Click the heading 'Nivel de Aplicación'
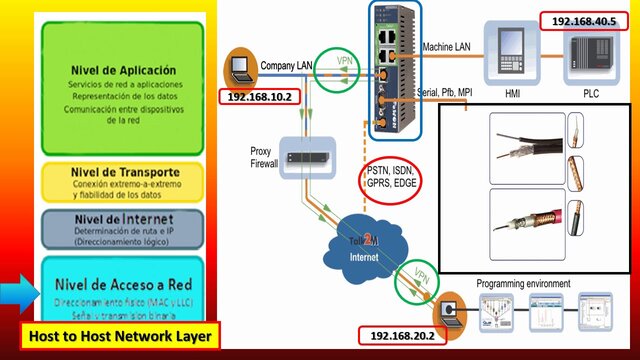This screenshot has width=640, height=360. tap(123, 71)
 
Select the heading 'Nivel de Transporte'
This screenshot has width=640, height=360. tap(123, 172)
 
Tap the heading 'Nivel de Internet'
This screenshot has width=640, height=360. tap(123, 219)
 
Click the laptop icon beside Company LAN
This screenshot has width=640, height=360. tap(240, 68)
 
